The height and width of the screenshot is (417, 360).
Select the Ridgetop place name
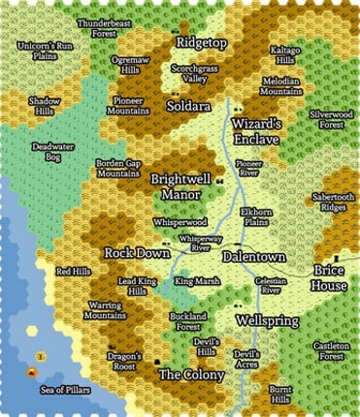coord(202,44)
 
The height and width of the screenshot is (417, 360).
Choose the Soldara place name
coord(188,105)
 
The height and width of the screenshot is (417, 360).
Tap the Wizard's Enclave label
coord(256,132)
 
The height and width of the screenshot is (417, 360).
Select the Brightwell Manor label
coord(182,186)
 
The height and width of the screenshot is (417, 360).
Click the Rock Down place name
coord(138,252)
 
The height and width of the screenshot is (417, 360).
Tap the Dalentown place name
coord(253,257)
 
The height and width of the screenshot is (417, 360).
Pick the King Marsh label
coord(197,282)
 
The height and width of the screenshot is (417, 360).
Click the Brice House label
coord(330,278)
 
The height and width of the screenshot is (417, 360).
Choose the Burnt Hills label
coord(280,395)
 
